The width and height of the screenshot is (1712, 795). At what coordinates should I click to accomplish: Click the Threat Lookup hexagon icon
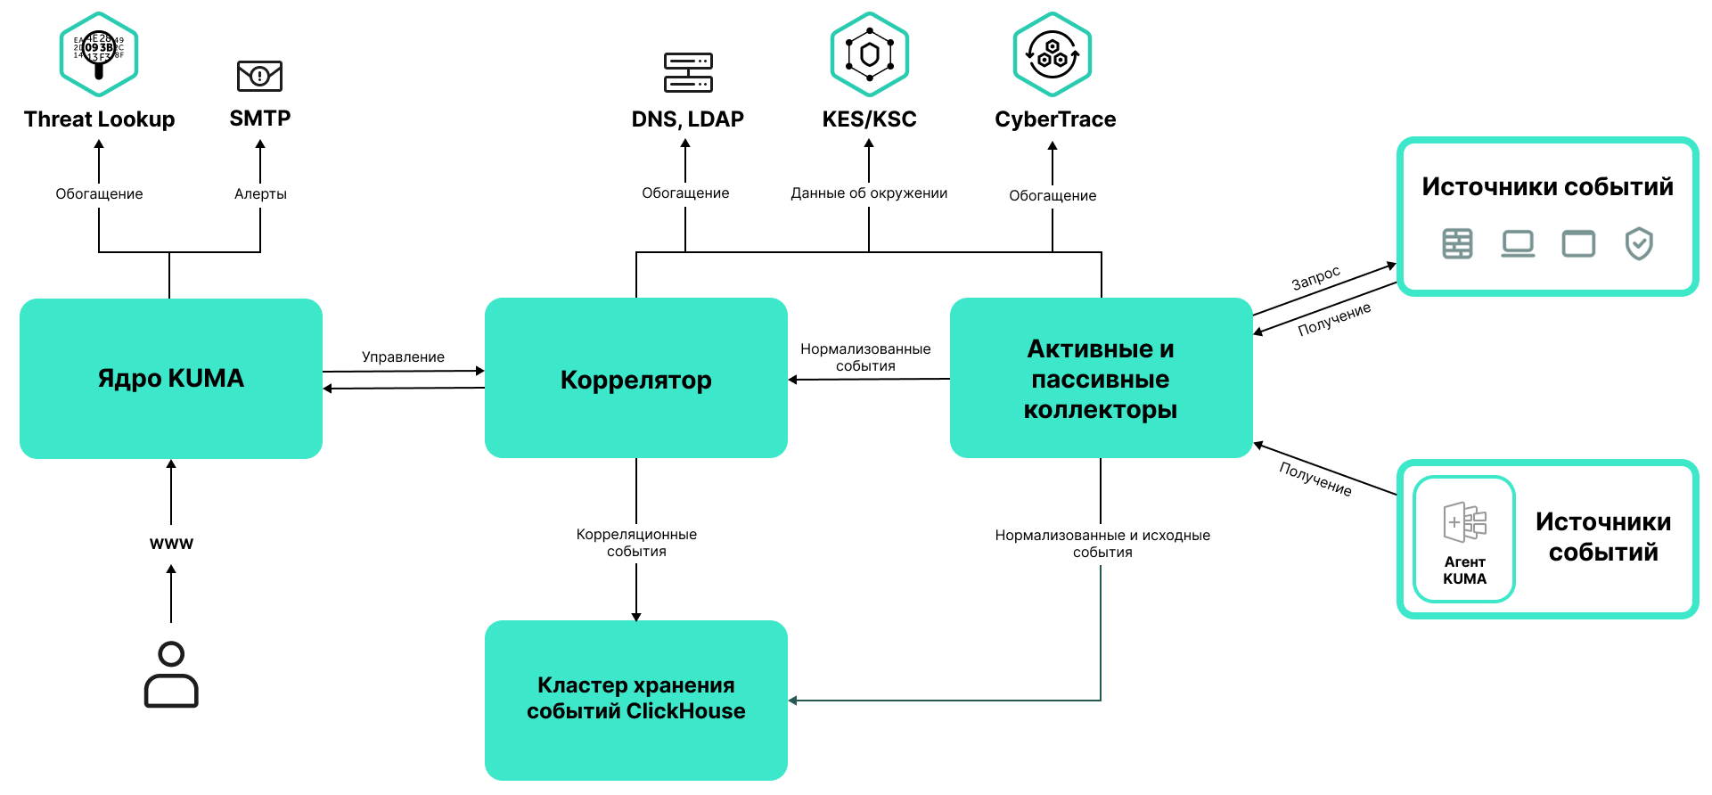tap(98, 53)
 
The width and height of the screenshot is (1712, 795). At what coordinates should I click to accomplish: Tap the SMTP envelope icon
tap(259, 76)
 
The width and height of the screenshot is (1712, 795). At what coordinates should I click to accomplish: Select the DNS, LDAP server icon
tap(688, 72)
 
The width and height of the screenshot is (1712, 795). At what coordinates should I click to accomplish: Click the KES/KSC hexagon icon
tap(869, 53)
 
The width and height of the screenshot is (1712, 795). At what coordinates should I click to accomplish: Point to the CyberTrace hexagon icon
tap(1053, 53)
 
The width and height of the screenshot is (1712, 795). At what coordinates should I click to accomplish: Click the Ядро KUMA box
tap(170, 379)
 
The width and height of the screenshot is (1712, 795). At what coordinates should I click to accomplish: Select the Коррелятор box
tap(635, 379)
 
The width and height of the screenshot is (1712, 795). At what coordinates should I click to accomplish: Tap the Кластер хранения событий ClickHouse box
tap(635, 699)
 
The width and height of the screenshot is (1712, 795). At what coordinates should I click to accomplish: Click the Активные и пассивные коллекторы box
tap(1101, 379)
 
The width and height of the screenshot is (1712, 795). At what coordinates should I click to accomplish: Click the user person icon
tap(171, 675)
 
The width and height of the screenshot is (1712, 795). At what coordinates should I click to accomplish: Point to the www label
tap(171, 543)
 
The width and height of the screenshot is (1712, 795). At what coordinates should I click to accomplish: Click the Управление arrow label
tap(403, 357)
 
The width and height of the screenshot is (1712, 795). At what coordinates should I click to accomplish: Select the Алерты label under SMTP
tap(260, 193)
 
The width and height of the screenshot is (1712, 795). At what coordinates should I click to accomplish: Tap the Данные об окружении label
tap(869, 193)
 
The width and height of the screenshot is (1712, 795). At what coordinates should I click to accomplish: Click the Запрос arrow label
tap(1315, 278)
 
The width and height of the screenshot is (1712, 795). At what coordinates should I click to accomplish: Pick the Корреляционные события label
tap(636, 542)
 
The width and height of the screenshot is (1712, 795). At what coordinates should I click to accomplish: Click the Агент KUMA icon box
tap(1464, 539)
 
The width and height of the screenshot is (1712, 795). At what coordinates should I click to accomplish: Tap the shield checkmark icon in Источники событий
tap(1638, 243)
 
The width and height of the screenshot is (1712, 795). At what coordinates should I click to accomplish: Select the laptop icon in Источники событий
tap(1517, 243)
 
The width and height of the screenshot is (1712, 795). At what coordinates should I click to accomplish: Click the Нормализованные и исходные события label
tap(1102, 543)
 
